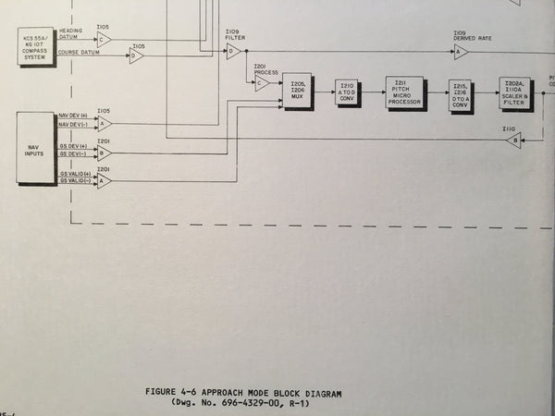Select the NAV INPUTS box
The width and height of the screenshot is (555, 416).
pos(37,148)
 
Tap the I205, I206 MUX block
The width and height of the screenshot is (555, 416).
pos(297,91)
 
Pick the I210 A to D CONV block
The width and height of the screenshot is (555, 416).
pos(348,92)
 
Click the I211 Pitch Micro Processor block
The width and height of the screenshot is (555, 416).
pos(403,92)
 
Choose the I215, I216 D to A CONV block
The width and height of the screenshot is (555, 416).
pos(460,95)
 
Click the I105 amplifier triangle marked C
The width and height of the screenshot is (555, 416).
pos(104,39)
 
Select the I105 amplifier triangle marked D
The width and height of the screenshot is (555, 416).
pos(137,55)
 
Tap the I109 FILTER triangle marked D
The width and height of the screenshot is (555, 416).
pos(232,52)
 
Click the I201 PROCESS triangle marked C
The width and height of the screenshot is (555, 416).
pos(262,83)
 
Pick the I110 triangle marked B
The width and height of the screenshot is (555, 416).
pos(514,141)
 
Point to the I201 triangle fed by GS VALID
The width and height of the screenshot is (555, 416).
pos(104,181)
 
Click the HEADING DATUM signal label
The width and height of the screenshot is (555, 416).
pos(71,33)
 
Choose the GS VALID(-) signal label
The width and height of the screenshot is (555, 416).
pos(75,181)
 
